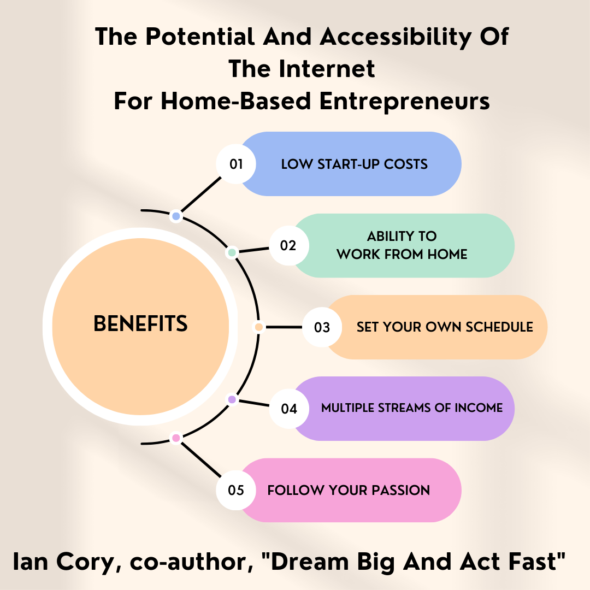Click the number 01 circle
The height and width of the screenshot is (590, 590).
click(236, 164)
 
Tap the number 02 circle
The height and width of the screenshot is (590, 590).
click(289, 246)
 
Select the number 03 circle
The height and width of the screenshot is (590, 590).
click(322, 327)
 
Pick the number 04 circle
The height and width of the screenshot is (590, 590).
click(289, 409)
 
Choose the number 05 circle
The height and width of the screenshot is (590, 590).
click(236, 490)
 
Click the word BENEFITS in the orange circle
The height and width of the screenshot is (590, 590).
click(140, 323)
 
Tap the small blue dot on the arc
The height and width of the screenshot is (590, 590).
click(176, 216)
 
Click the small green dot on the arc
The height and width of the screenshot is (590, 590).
click(232, 252)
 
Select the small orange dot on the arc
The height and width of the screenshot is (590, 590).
click(259, 327)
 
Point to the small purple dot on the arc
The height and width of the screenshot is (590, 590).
click(232, 399)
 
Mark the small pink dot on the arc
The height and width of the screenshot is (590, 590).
click(176, 438)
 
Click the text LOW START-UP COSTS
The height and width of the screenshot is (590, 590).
click(354, 164)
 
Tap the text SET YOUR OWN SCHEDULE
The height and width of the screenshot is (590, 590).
click(445, 327)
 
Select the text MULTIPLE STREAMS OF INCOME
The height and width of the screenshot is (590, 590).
click(412, 408)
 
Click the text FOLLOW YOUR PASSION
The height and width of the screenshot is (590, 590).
click(349, 490)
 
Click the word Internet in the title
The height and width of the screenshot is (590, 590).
click(327, 69)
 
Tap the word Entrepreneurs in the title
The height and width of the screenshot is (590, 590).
click(404, 102)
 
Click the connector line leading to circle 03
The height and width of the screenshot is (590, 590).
click(284, 327)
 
